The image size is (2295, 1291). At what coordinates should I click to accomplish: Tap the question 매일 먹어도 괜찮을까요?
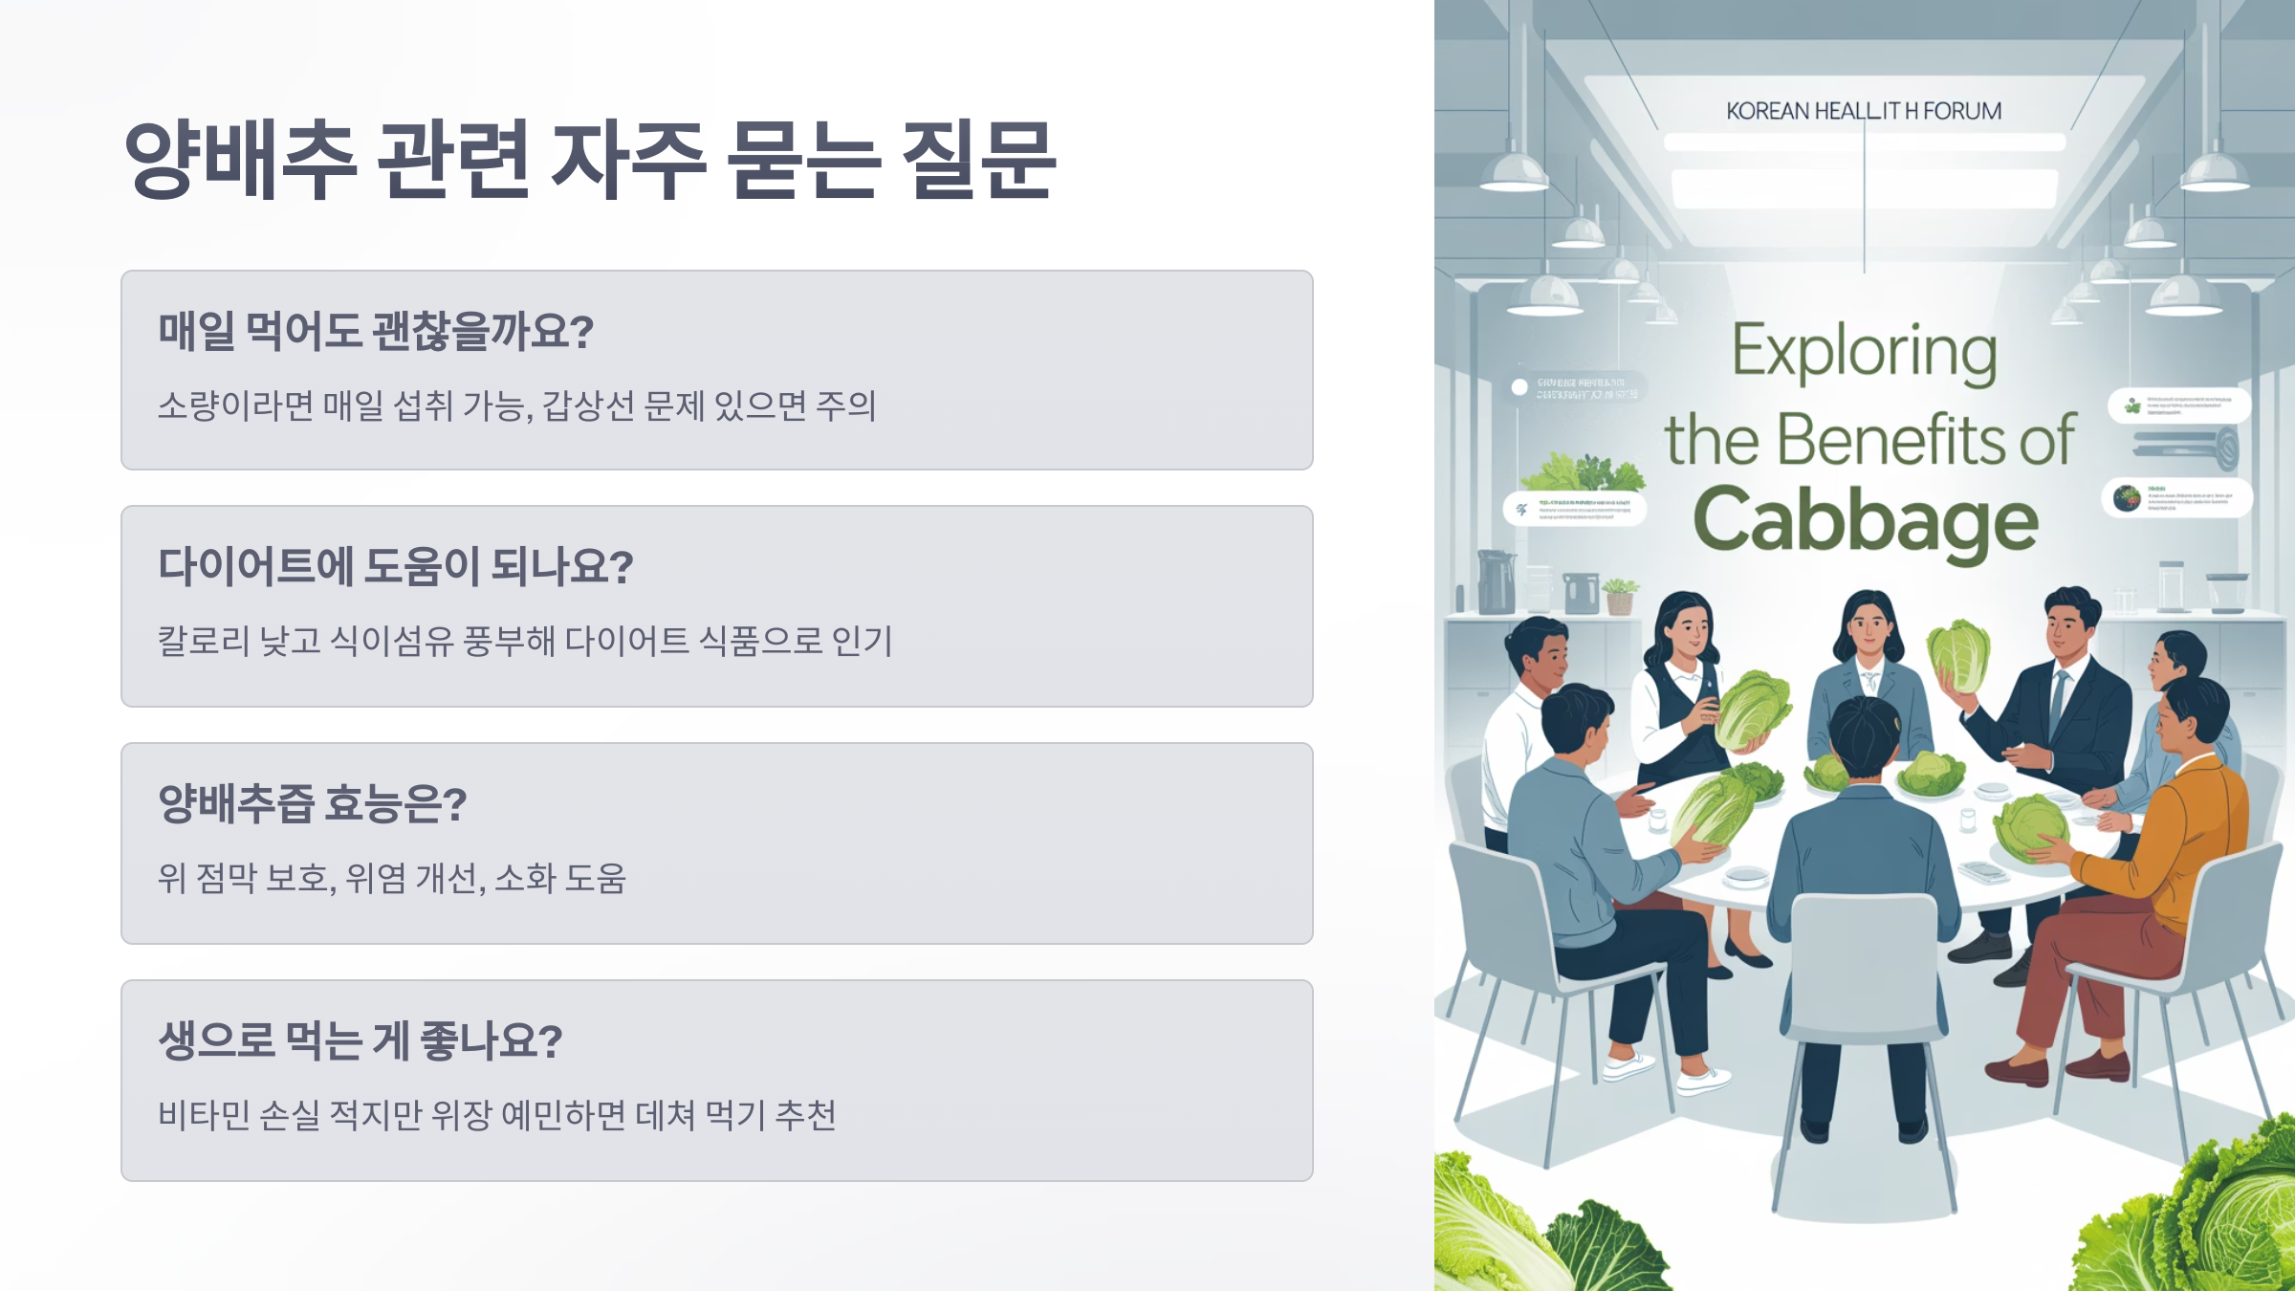coord(376,332)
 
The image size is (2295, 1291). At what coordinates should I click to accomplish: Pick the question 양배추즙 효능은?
coord(313,804)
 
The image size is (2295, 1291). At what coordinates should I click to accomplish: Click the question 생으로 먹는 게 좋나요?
coord(361,1040)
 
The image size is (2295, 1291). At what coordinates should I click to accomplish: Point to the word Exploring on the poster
coord(1865,352)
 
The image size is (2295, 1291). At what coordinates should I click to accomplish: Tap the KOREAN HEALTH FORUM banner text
coord(1864,112)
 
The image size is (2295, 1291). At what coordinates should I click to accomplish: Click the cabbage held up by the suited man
coord(1958,655)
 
